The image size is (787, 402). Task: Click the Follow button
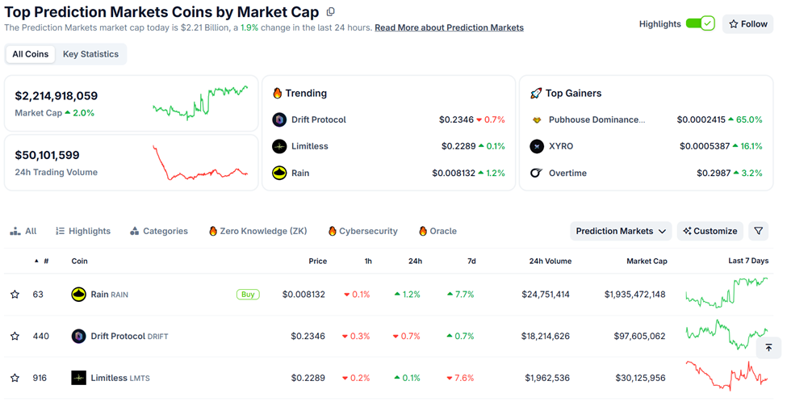tap(748, 24)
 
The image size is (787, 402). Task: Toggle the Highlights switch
tap(700, 24)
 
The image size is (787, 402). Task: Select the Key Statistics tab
tap(90, 54)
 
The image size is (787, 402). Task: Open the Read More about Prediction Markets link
tap(449, 27)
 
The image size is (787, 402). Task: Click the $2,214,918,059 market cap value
tap(57, 95)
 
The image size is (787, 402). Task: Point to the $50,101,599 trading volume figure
tap(47, 155)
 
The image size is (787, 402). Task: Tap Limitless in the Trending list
tap(309, 146)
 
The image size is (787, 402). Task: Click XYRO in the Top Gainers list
tap(559, 146)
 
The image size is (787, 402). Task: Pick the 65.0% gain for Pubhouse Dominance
tap(743, 119)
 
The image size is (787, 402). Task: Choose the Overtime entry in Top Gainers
tap(567, 173)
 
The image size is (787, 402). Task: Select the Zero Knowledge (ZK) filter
tap(258, 231)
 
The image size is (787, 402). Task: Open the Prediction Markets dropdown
tap(621, 231)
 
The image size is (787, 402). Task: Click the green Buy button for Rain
tap(248, 295)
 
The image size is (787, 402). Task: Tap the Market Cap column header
tap(647, 262)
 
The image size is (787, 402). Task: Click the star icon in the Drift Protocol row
tap(15, 337)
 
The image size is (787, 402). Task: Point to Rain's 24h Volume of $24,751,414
tap(546, 295)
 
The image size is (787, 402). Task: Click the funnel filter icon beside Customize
tap(758, 231)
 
